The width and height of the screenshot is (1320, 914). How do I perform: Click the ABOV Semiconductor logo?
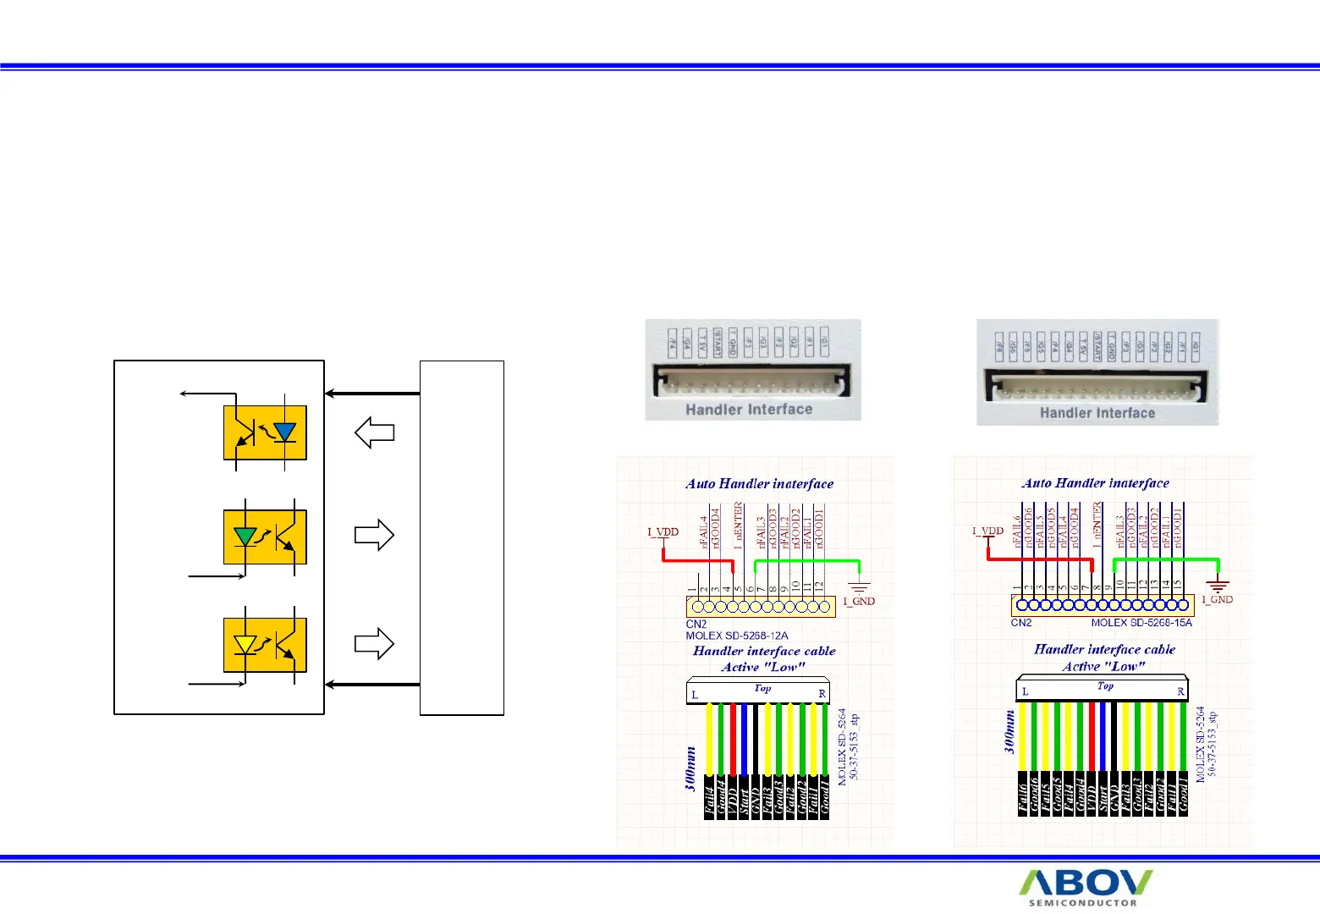(1085, 888)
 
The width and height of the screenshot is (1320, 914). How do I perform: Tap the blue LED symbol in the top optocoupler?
(285, 432)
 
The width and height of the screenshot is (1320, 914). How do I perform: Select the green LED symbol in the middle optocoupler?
(245, 536)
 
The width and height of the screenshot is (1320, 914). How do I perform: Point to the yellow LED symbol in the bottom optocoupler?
(245, 644)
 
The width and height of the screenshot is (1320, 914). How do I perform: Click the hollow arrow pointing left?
(374, 432)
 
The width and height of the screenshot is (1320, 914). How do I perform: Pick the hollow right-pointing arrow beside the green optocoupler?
(374, 535)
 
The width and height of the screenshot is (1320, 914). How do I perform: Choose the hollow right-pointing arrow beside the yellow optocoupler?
(374, 643)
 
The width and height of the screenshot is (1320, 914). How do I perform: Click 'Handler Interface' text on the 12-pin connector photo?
(749, 410)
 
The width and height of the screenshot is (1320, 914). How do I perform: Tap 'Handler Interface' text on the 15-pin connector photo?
(1097, 413)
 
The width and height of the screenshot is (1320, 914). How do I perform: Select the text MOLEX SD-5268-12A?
(737, 636)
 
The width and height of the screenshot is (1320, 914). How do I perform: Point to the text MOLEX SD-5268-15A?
(1141, 623)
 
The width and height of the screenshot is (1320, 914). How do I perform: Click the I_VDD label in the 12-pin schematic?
(663, 532)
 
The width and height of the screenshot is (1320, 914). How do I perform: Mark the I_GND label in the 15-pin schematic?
(1218, 599)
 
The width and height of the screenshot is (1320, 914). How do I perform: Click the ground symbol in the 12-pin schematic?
(860, 587)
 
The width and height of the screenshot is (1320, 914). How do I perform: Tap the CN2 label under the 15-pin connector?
(1021, 623)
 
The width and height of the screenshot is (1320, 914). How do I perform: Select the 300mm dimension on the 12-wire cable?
(691, 768)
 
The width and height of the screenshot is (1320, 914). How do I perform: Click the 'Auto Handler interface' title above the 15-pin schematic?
(1096, 483)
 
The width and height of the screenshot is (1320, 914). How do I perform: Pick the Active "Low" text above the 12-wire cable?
(763, 667)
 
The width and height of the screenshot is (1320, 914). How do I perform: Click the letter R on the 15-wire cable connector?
(1181, 691)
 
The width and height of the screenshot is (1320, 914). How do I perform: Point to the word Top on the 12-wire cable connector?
(762, 688)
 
